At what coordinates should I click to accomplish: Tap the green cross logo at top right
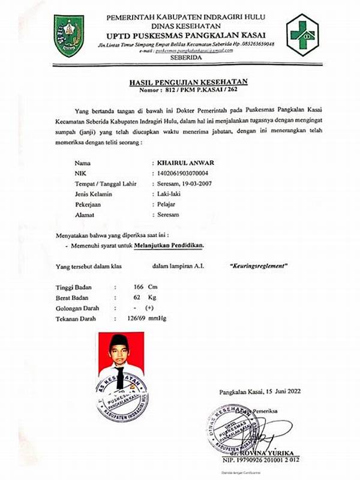click(302, 34)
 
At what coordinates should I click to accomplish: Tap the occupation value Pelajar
click(164, 204)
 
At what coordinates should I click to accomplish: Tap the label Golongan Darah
click(81, 307)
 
